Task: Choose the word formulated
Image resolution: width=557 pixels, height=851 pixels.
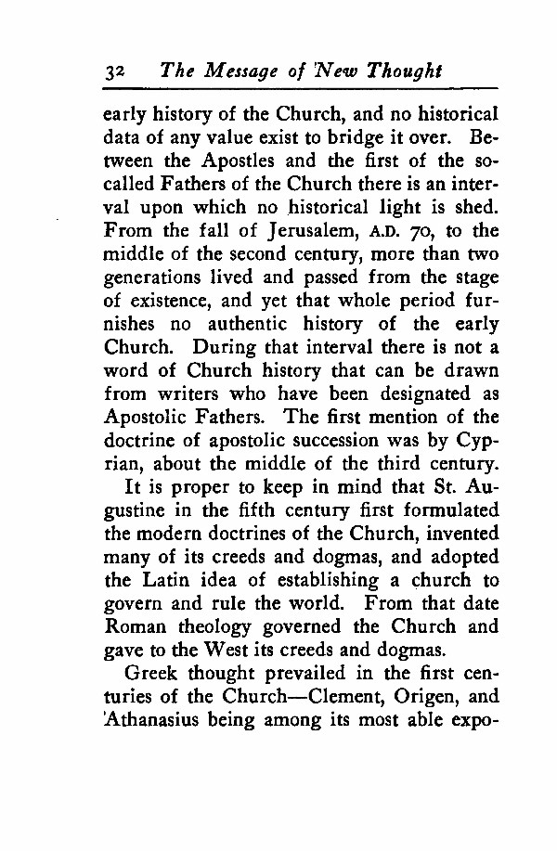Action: (451, 509)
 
